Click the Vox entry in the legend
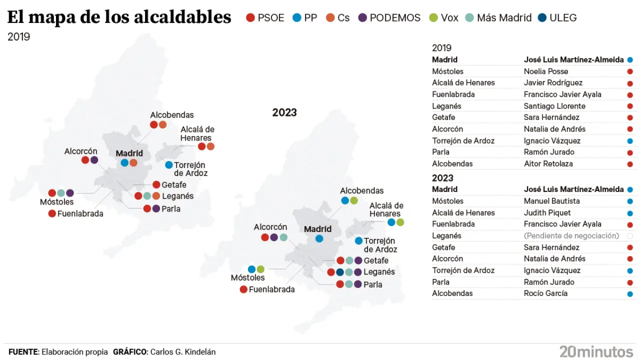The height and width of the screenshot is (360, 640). point(443,18)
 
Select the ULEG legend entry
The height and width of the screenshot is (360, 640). point(557,18)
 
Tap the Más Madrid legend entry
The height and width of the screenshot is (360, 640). point(498,18)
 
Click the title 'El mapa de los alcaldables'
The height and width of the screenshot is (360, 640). point(119,17)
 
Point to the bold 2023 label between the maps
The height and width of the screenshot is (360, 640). point(284,112)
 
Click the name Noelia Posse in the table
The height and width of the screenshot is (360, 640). point(546,71)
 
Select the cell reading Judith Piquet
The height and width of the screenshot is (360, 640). point(547,212)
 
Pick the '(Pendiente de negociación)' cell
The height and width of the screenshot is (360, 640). point(571,235)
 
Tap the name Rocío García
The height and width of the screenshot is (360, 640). point(545,293)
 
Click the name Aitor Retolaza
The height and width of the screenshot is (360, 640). point(548,163)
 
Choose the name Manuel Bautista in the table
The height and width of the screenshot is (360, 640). point(551,201)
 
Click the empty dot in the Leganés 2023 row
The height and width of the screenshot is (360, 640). point(630,236)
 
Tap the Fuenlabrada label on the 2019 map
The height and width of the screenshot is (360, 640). point(80,213)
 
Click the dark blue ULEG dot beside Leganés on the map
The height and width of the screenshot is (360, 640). point(340,272)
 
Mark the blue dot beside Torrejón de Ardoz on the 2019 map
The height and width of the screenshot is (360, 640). point(168,165)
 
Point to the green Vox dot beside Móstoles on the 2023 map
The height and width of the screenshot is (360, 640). point(260,269)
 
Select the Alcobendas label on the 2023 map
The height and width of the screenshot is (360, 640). point(361,190)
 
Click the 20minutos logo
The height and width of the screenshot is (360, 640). point(596,351)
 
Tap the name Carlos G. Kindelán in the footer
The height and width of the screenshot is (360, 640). point(183,352)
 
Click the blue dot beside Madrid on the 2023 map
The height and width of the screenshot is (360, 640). point(319,239)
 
